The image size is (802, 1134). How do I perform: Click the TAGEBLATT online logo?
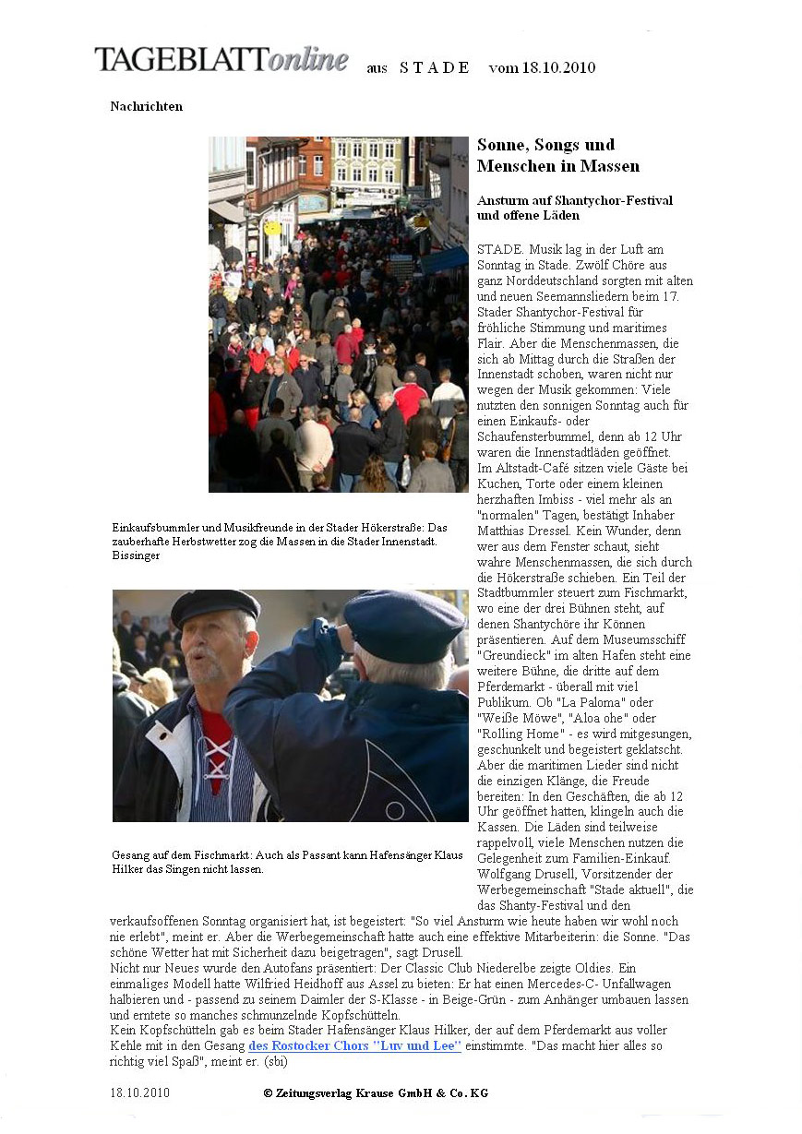[221, 60]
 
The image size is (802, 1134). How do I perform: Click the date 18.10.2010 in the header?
[558, 67]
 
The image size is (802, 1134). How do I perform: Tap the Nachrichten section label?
[146, 106]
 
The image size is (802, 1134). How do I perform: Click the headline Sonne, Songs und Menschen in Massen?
[557, 155]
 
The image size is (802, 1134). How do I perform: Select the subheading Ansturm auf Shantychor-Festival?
[574, 200]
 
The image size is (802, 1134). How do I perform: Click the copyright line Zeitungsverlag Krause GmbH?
[376, 1093]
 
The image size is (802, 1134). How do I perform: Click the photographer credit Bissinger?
[136, 556]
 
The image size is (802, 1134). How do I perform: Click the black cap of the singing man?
[214, 605]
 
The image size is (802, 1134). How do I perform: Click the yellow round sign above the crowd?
[272, 227]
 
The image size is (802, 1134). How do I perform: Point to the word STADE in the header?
[435, 67]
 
